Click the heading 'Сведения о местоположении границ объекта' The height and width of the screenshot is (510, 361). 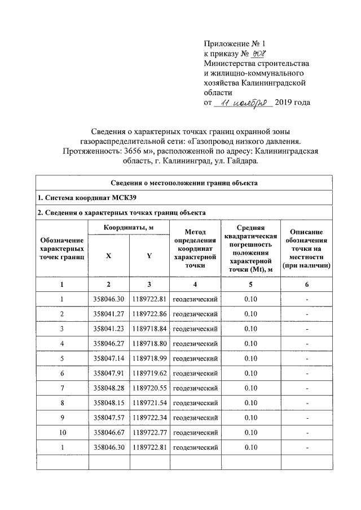point(183,183)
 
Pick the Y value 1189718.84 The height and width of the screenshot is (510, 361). point(149,328)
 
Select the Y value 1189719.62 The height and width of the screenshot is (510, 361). point(149,373)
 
